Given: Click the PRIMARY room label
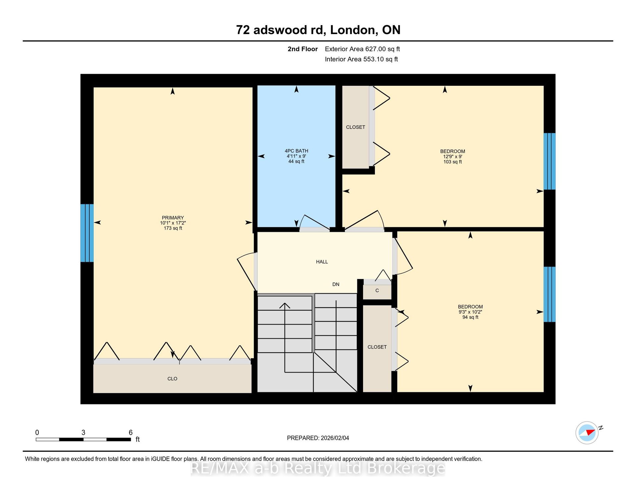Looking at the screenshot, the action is tap(173, 218).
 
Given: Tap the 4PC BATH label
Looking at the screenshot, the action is tap(296, 151).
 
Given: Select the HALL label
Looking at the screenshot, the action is tap(322, 262).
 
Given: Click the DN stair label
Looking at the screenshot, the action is tap(336, 284).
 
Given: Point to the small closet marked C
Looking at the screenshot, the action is tap(377, 291).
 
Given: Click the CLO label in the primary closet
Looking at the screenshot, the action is tap(172, 379).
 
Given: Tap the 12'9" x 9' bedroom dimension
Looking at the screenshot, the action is tap(452, 157).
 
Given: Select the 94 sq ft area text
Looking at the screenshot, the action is tap(470, 317).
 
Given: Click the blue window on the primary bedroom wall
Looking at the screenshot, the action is tap(87, 233).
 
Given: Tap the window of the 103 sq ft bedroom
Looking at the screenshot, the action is tap(550, 161).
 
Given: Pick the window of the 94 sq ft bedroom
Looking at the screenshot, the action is tap(550, 294).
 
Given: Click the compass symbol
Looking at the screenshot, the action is tap(587, 432).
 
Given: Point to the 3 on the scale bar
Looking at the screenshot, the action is tap(83, 432).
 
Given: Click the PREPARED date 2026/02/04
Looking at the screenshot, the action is tap(335, 438).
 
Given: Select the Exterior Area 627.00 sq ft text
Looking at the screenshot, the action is tap(362, 49).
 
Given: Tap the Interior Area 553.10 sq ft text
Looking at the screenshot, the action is tap(361, 59).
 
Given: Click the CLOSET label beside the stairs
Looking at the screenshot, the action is tap(377, 347).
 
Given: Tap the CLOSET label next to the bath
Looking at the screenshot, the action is tap(355, 127).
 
